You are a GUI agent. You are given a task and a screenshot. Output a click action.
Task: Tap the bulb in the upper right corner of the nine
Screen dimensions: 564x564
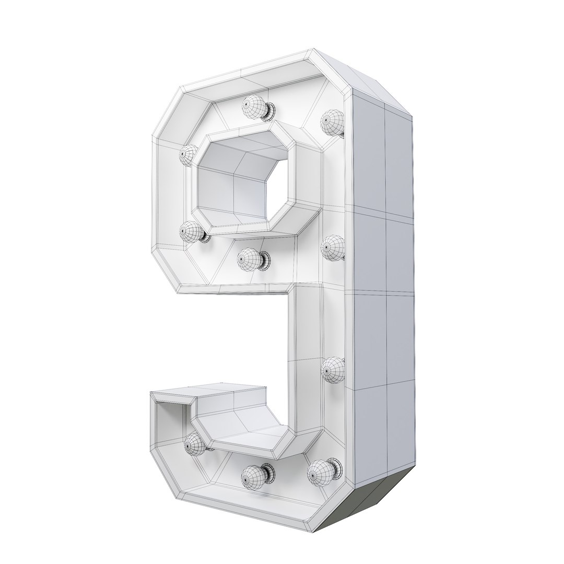click(x=332, y=122)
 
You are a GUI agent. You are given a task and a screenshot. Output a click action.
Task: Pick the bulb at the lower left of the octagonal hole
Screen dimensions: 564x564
click(x=191, y=231)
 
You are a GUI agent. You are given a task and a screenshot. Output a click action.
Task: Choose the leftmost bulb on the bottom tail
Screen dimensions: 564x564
click(x=194, y=444)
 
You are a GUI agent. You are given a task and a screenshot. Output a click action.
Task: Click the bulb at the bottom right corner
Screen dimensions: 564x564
click(x=319, y=472)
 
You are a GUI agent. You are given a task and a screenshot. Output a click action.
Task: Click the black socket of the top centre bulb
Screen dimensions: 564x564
click(x=270, y=110)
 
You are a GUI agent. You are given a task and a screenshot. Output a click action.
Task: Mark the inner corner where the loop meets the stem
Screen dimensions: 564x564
click(x=288, y=292)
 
